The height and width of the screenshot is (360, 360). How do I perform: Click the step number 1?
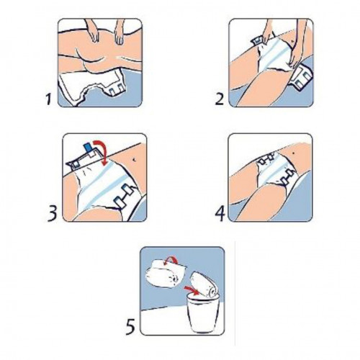point(49,99)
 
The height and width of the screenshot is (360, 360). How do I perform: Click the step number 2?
point(220,99)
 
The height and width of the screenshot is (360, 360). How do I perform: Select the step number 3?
point(52,212)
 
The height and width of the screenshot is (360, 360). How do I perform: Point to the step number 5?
point(130,326)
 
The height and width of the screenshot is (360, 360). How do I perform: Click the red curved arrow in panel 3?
point(102,151)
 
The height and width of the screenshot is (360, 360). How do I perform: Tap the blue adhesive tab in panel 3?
point(87,148)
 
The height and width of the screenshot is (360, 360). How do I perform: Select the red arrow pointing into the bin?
point(192,290)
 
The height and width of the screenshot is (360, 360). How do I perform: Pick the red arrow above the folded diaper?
point(171,260)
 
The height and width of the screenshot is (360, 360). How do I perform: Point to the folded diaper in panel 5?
point(165,274)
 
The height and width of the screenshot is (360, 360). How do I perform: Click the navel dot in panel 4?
point(294,152)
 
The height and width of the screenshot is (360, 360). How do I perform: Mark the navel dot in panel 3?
point(134,158)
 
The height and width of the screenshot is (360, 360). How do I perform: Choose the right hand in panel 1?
point(120,32)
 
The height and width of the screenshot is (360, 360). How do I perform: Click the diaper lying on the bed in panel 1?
point(92,87)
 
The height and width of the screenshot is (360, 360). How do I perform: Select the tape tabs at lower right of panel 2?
point(302,78)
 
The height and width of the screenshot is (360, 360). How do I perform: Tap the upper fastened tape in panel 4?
point(266,160)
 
